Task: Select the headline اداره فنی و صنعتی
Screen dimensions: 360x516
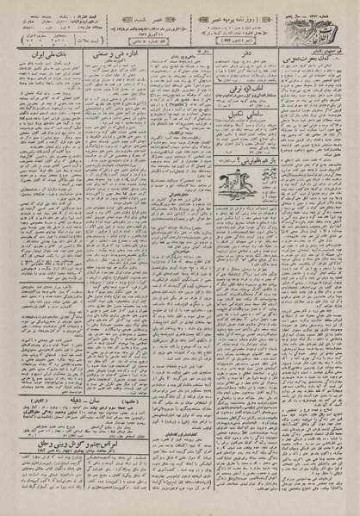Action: tap(109, 55)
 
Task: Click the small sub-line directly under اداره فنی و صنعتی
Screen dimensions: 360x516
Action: tap(109, 65)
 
